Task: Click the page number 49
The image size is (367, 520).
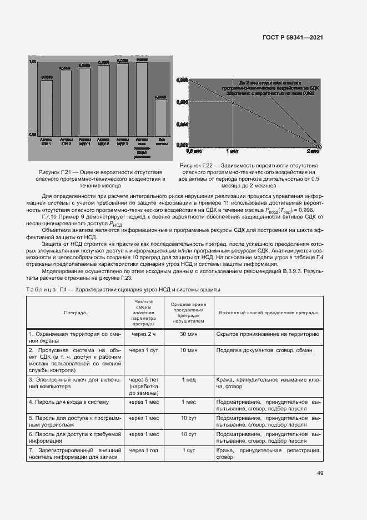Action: (x=320, y=473)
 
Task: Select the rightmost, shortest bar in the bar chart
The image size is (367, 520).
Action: (x=161, y=116)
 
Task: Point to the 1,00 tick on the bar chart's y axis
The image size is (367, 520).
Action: (x=33, y=61)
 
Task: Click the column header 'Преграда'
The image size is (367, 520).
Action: (x=74, y=313)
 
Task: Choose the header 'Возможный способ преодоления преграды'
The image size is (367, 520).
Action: (x=268, y=313)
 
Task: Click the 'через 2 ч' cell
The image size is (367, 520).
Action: (x=143, y=334)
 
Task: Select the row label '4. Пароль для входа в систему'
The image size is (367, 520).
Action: (x=68, y=401)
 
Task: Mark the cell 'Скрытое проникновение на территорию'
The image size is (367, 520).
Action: (x=267, y=334)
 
